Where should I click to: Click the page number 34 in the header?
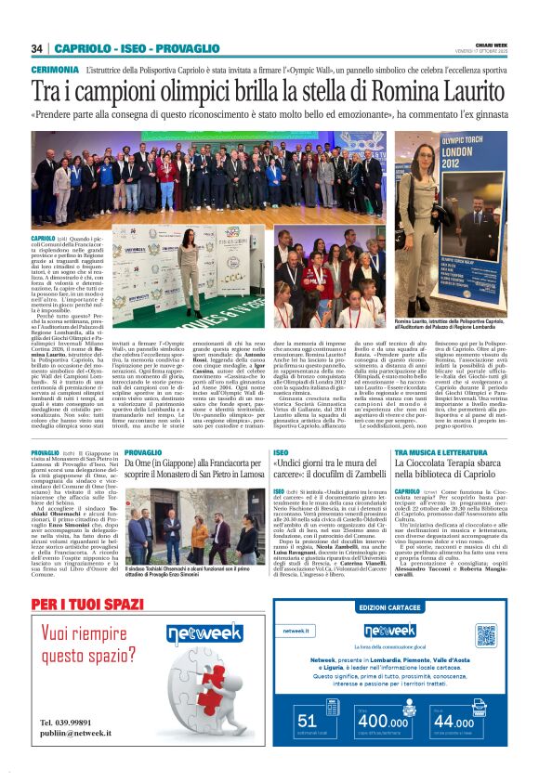coord(37,48)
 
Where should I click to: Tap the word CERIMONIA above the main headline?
coord(55,70)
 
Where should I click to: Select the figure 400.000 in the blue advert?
coord(382,720)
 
